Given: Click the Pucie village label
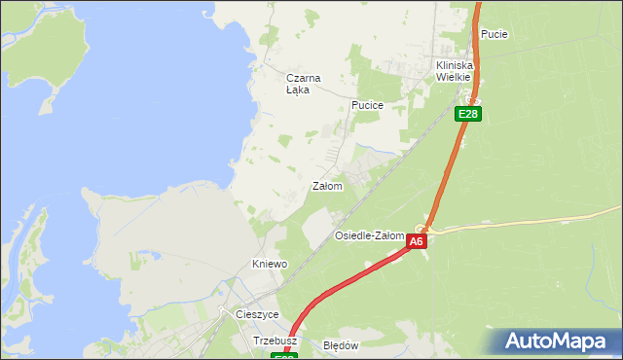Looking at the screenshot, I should (494, 34).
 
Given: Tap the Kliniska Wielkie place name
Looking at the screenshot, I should (453, 70).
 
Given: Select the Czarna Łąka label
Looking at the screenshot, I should (303, 84).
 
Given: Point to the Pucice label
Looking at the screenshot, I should (368, 104).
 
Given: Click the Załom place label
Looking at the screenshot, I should (327, 186).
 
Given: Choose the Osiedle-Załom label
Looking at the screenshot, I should (369, 235).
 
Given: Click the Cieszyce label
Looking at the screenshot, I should (258, 314).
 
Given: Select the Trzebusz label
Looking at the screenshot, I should (275, 342).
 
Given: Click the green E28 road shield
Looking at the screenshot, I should (468, 114).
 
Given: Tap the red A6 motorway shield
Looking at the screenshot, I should (417, 241).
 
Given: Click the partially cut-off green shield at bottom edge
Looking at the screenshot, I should (283, 356).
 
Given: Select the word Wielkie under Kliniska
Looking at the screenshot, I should (453, 76).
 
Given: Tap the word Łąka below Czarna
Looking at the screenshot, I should (298, 90).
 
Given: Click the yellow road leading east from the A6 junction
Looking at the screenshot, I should (526, 222).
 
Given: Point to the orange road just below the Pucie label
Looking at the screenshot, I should (479, 54).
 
